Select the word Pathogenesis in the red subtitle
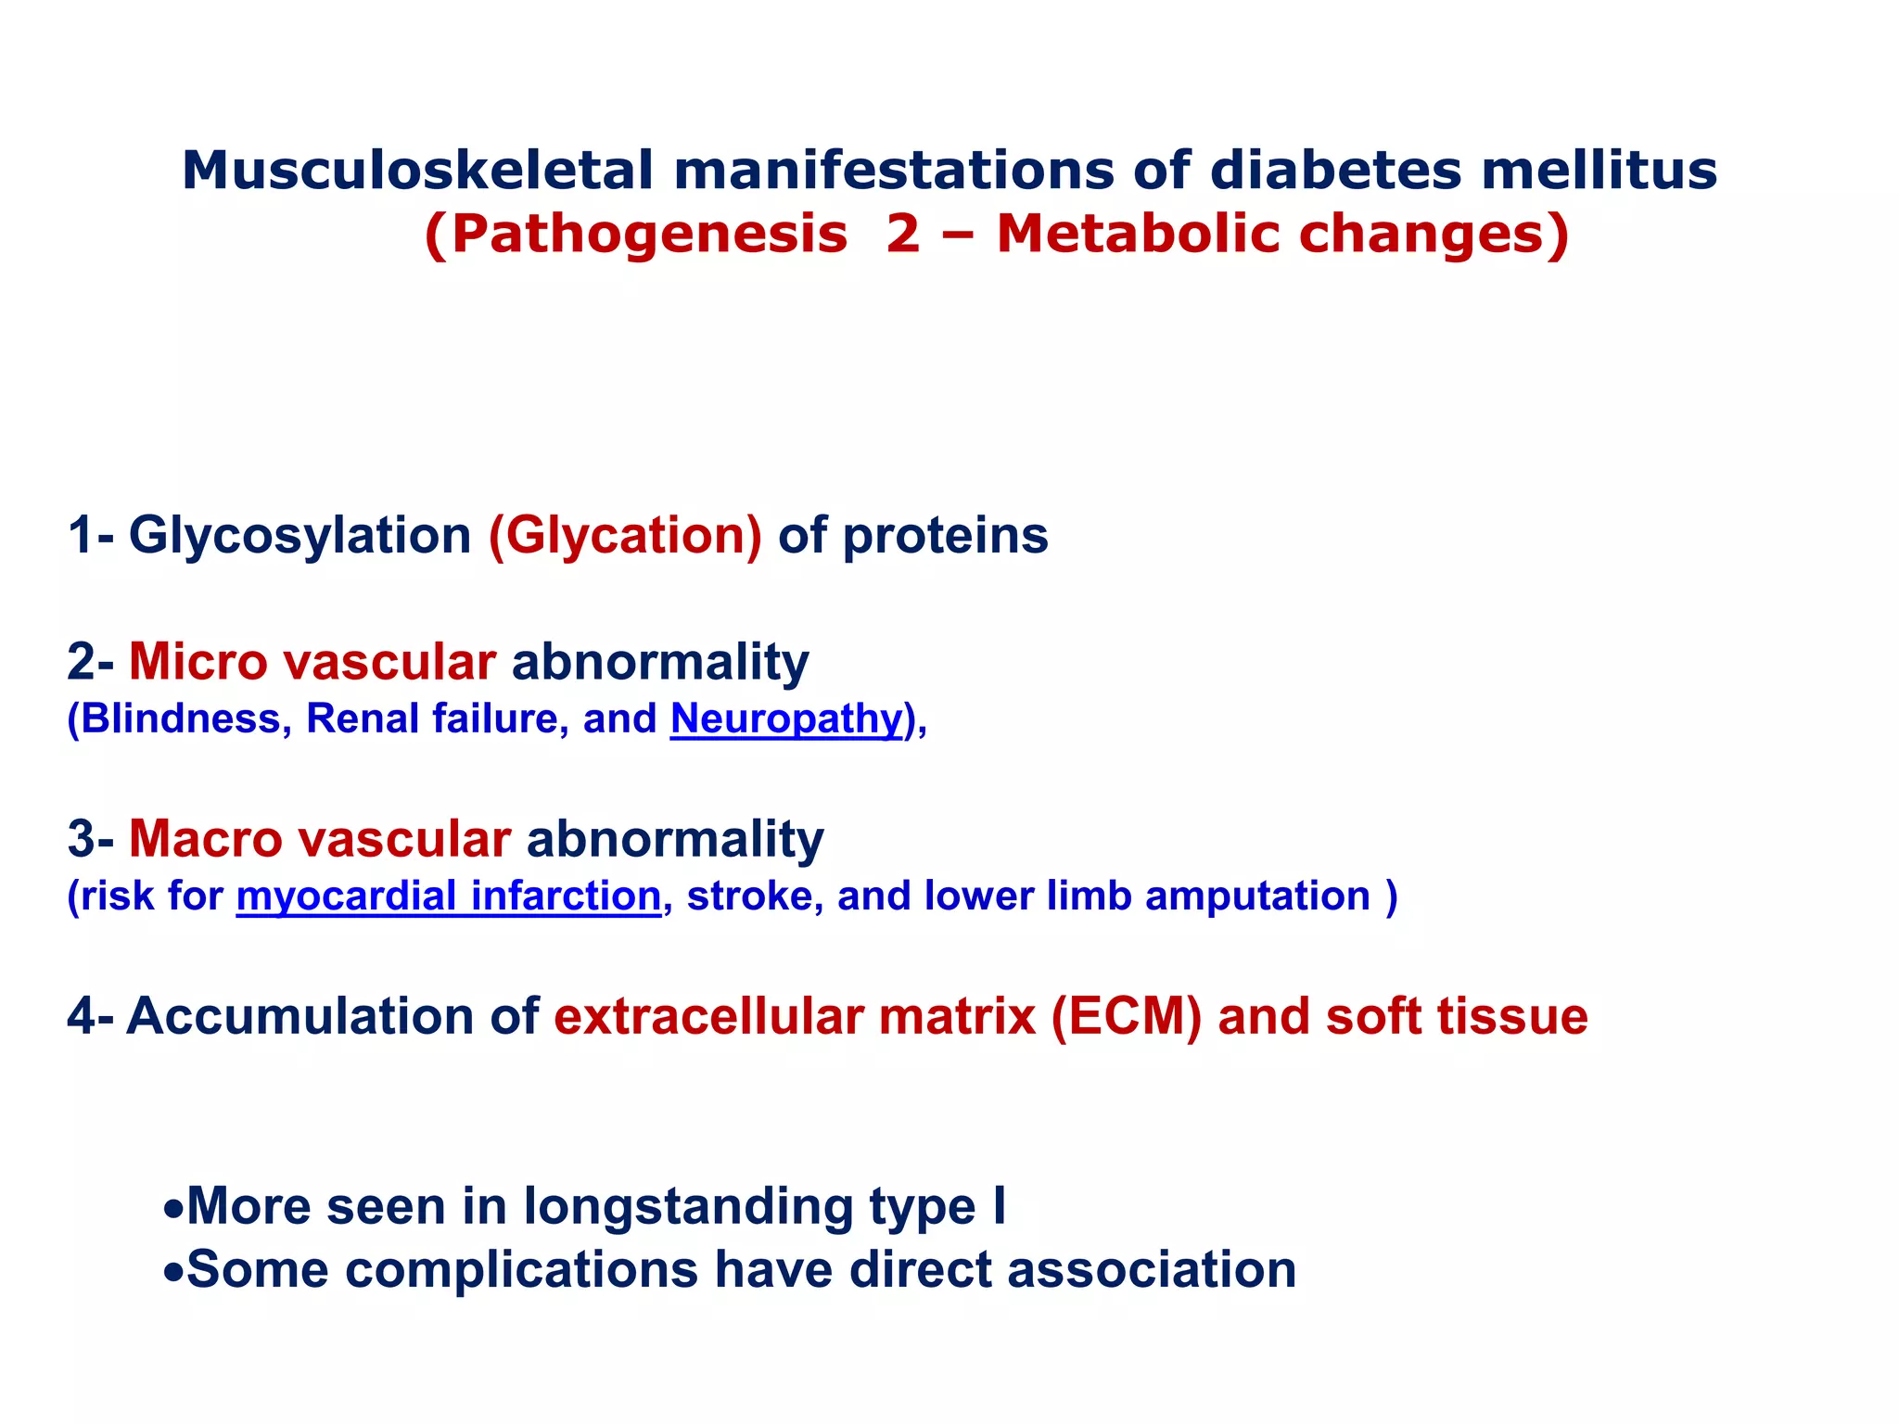click(x=649, y=234)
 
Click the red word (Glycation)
click(x=625, y=536)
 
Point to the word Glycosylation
click(x=300, y=536)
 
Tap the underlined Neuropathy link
click(x=786, y=719)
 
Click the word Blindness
click(x=180, y=718)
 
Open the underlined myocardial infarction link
click(x=449, y=896)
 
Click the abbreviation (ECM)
click(x=1126, y=1016)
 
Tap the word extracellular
click(x=708, y=1016)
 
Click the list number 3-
click(x=90, y=839)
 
